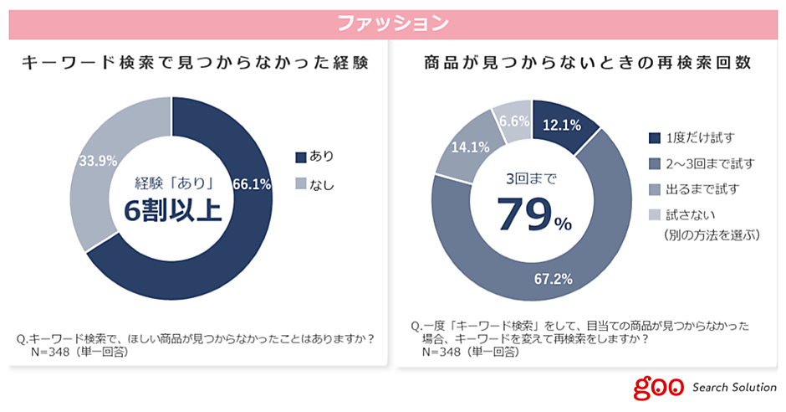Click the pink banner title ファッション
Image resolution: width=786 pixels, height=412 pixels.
[392, 23]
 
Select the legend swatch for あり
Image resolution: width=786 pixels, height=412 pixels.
[300, 157]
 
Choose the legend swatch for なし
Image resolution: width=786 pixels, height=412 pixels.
[300, 184]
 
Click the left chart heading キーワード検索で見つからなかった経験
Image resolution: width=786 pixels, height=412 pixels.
[194, 63]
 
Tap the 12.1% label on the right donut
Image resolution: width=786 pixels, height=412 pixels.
[564, 125]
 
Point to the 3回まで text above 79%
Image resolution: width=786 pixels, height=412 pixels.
[531, 178]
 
